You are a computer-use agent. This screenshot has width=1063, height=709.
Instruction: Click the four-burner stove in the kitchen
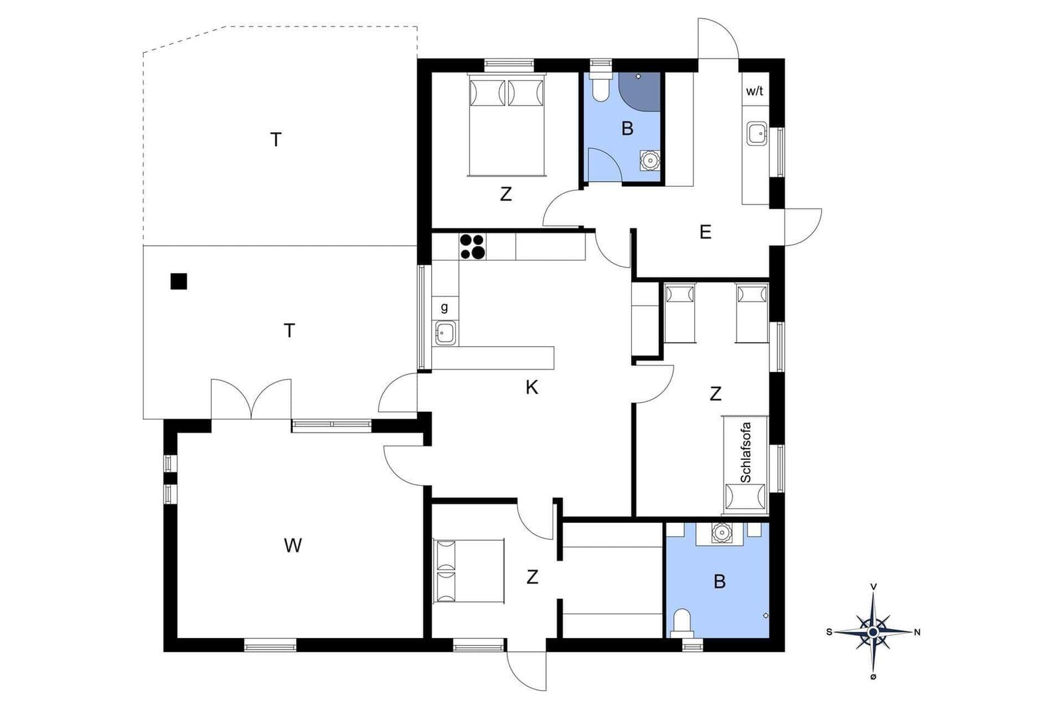(x=472, y=247)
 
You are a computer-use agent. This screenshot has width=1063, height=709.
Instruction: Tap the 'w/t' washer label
(x=755, y=91)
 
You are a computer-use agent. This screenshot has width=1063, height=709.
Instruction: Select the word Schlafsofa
(x=745, y=453)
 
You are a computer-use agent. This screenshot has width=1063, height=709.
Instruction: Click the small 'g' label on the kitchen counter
(x=444, y=308)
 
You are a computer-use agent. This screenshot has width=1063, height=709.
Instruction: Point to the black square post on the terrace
(x=179, y=282)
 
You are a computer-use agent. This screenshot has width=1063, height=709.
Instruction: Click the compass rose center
(x=873, y=632)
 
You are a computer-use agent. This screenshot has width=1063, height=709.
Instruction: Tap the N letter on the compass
(x=918, y=632)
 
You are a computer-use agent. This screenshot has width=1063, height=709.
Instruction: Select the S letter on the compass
(x=829, y=632)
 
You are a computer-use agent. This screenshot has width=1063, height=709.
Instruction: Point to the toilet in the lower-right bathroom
(x=682, y=623)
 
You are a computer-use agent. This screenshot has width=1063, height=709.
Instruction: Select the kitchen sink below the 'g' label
(x=445, y=333)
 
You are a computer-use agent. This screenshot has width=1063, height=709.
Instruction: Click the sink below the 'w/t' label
(x=757, y=134)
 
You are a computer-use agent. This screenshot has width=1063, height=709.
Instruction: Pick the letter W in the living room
(x=293, y=546)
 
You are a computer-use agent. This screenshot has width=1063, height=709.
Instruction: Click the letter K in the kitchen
(x=531, y=387)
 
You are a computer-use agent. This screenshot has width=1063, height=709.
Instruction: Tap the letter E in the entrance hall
(x=706, y=232)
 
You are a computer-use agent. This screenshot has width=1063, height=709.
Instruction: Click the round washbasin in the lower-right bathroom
(x=721, y=532)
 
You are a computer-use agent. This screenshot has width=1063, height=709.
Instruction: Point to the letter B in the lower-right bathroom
(x=720, y=581)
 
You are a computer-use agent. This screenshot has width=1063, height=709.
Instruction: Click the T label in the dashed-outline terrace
(x=276, y=140)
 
